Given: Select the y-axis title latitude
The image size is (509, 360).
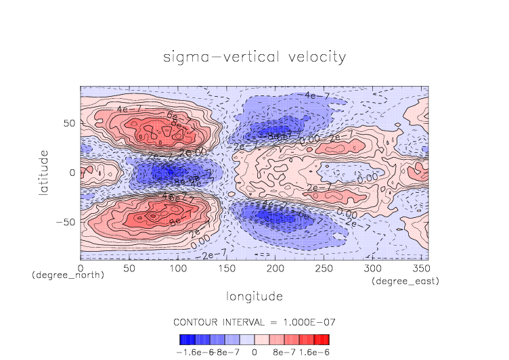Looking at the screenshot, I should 43,173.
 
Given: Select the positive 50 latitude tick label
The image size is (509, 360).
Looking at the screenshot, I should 68,124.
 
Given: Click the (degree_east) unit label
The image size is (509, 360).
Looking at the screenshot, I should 405,281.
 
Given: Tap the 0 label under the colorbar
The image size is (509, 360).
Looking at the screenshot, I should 255,352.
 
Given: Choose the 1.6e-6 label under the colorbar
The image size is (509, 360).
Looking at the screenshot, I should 314,352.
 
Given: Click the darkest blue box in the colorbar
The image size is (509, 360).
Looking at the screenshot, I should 185,340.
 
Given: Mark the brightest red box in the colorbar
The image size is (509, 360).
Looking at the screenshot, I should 324,340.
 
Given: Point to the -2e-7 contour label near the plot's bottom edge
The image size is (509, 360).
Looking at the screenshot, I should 214,254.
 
